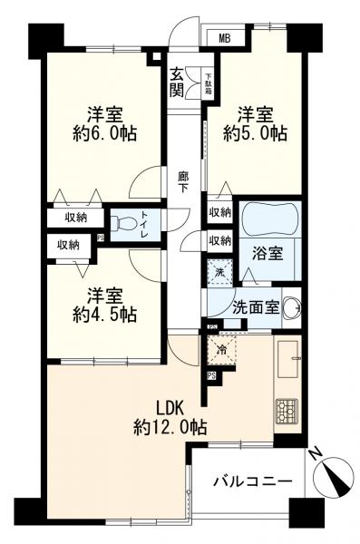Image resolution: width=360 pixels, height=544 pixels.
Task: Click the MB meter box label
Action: pos(223,37)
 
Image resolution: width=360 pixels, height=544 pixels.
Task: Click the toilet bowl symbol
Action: pos(122,223)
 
